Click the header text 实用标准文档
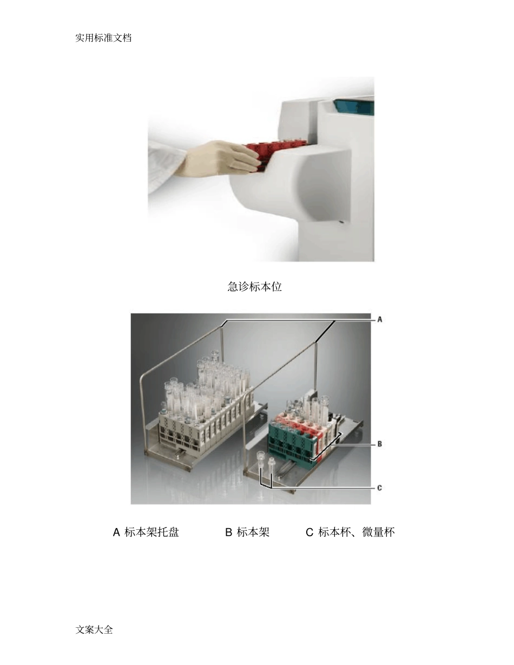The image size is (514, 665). [x=103, y=38]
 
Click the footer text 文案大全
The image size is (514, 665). [x=95, y=629]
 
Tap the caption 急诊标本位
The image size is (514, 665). [x=254, y=287]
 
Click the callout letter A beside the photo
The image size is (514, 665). [x=380, y=320]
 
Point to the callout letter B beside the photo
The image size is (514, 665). [x=380, y=444]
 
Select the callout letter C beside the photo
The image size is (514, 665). [x=380, y=488]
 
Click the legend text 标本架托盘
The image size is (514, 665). [x=151, y=532]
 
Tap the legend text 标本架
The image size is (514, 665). [x=253, y=532]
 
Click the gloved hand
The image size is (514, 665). [x=222, y=158]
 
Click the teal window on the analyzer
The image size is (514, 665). [x=354, y=105]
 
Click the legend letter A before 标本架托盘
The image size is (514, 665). [x=116, y=532]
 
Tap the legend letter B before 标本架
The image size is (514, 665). [x=228, y=532]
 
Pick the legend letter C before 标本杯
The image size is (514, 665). [x=309, y=532]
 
